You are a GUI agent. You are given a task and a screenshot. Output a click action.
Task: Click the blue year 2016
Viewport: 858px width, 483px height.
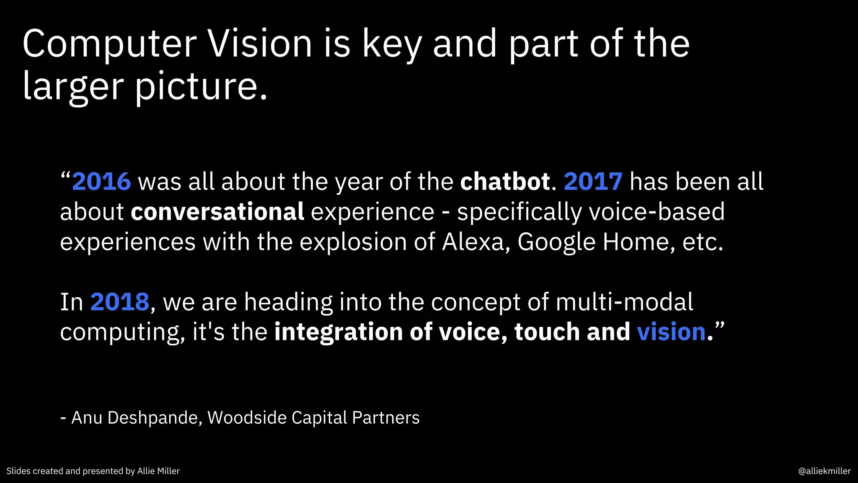tap(101, 182)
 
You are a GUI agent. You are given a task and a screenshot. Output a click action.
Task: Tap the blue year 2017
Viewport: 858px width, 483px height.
tap(593, 182)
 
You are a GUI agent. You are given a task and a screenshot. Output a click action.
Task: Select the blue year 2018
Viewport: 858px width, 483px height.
tap(120, 302)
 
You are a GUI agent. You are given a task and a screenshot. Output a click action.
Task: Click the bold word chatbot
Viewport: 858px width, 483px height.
tap(505, 182)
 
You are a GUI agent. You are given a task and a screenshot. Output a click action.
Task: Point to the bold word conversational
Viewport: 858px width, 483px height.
tap(217, 212)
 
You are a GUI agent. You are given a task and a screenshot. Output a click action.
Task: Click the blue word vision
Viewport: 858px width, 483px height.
tap(671, 332)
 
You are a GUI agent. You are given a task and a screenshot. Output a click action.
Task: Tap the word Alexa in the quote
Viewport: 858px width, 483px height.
tap(473, 242)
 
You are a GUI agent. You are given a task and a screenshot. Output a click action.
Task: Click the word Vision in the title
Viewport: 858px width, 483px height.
tap(260, 44)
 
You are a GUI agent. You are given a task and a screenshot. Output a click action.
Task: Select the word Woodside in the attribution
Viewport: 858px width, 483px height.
tap(247, 418)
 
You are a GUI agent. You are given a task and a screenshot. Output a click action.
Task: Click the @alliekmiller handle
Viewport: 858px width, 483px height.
tap(824, 471)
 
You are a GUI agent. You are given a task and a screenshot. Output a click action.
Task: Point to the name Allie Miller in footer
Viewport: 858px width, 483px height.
tap(158, 471)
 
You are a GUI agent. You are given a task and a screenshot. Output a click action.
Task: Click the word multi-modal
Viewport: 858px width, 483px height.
tap(624, 302)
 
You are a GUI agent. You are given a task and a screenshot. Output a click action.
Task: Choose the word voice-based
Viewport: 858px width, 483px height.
tap(656, 212)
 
